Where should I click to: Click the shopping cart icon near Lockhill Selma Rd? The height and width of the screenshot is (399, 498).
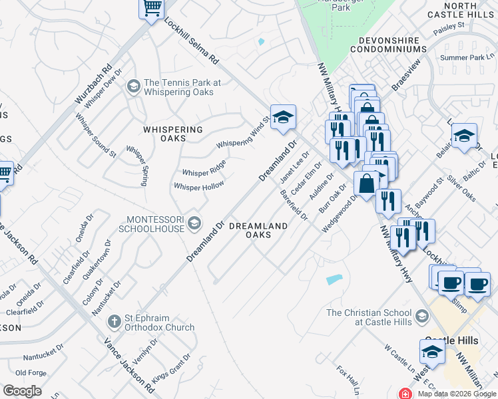point(152,9)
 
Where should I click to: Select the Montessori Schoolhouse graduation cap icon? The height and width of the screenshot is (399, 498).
point(195,221)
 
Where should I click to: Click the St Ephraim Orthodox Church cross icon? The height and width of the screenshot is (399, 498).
point(115,321)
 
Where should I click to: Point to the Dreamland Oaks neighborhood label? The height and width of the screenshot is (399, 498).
point(258,230)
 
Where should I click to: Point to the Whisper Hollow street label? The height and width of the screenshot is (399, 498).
point(198,187)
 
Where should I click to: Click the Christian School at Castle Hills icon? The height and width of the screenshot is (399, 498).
point(421,315)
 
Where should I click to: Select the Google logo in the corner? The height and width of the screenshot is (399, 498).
point(22,391)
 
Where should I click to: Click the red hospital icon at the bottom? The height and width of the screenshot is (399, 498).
point(404,394)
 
